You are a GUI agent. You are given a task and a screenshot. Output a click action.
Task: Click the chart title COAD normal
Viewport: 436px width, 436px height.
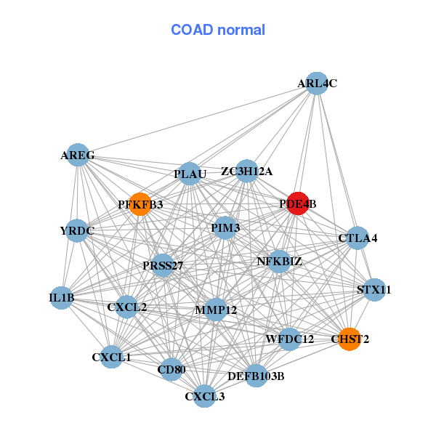pyautogui.click(x=218, y=31)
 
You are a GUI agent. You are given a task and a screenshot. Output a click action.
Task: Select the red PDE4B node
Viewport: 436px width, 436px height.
pyautogui.click(x=298, y=203)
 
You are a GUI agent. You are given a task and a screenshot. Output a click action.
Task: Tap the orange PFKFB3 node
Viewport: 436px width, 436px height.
pyautogui.click(x=140, y=204)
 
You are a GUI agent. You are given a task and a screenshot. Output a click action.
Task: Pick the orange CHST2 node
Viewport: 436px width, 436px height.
pyautogui.click(x=350, y=339)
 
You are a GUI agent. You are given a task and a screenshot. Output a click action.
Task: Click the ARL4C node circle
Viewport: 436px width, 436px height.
pyautogui.click(x=317, y=84)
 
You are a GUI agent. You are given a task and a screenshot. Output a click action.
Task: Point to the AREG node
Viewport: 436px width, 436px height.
pyautogui.click(x=78, y=155)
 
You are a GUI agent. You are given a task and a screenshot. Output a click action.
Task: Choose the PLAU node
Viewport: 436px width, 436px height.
pyautogui.click(x=190, y=174)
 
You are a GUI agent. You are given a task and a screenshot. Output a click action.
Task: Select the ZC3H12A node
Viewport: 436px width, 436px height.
pyautogui.click(x=247, y=171)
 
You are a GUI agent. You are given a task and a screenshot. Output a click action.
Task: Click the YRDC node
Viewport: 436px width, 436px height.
pyautogui.click(x=77, y=231)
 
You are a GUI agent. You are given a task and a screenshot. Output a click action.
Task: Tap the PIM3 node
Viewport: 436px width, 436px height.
pyautogui.click(x=225, y=227)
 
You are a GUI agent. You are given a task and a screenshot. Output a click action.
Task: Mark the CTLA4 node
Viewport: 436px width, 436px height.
pyautogui.click(x=358, y=238)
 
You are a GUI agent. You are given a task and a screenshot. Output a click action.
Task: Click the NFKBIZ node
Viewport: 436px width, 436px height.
pyautogui.click(x=280, y=261)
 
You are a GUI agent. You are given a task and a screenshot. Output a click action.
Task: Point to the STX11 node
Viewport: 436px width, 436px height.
pyautogui.click(x=374, y=290)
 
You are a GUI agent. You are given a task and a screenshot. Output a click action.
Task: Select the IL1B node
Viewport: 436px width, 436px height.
pyautogui.click(x=62, y=297)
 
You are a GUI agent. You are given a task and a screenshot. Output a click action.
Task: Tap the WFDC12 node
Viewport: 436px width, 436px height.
pyautogui.click(x=290, y=339)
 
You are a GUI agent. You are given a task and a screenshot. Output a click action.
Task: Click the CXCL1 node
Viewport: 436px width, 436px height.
pyautogui.click(x=111, y=357)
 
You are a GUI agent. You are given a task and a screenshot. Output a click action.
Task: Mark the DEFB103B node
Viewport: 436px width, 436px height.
pyautogui.click(x=256, y=376)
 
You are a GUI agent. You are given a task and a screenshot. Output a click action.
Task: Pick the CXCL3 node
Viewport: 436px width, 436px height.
pyautogui.click(x=205, y=396)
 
